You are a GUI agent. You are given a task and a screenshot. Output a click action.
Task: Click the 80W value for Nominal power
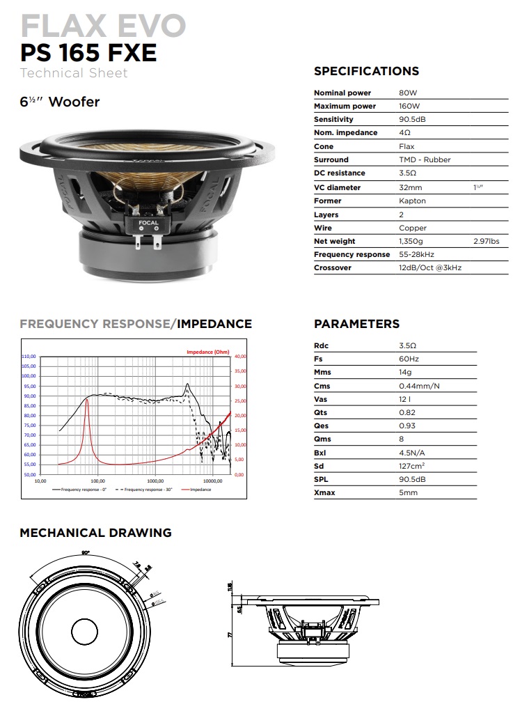coord(408,93)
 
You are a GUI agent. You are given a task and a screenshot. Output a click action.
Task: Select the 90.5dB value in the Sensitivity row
coord(413,120)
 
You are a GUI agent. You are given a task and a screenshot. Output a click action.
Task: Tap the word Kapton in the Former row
coord(412,201)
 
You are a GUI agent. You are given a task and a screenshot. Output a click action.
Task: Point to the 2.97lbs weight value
coord(486,241)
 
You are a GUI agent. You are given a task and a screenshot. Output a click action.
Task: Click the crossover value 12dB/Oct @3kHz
coord(430,267)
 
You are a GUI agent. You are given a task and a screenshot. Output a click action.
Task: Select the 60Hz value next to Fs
coord(409,359)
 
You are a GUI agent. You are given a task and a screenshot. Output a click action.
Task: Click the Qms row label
coord(323,439)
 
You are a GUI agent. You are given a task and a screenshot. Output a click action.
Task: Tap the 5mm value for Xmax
coord(409,493)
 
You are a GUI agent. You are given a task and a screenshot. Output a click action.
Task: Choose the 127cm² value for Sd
coord(413,466)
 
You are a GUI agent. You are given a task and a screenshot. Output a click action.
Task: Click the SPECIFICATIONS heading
coord(366,71)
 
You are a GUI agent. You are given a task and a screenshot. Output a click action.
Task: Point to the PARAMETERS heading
coord(356,324)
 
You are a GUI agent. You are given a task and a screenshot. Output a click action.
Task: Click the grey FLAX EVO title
coord(103,26)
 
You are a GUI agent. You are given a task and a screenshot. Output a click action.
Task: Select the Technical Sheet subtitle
coord(74,73)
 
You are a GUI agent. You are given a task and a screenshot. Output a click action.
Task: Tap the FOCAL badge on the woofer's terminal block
coord(148,224)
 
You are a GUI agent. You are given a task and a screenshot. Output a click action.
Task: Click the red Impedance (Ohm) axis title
coord(207,352)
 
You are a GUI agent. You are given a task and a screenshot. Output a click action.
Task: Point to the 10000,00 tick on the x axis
coord(212,481)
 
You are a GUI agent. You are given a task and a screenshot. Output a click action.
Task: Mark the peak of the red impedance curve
coord(86,400)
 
